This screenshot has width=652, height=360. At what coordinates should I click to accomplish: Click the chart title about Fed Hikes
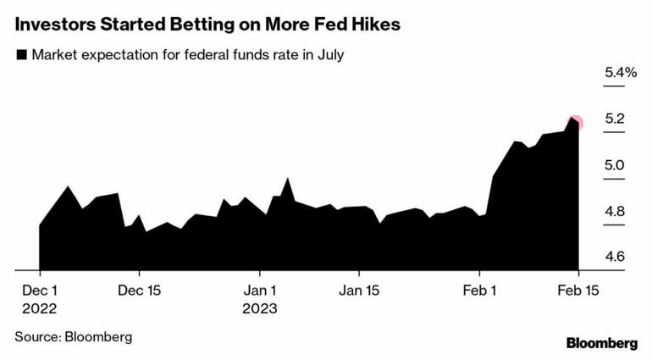click(207, 24)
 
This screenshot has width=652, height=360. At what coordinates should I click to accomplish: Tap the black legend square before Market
click(21, 56)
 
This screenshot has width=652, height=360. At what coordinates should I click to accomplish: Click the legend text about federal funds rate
click(187, 56)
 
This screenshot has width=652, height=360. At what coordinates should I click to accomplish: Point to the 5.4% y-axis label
click(620, 74)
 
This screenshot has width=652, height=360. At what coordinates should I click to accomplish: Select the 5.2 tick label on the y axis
click(614, 119)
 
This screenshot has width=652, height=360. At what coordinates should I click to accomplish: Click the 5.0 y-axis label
click(614, 166)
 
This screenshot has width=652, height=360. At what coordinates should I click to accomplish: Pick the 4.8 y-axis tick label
click(614, 212)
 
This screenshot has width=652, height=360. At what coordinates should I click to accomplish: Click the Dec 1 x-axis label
click(39, 290)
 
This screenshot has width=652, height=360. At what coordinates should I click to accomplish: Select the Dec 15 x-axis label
click(139, 290)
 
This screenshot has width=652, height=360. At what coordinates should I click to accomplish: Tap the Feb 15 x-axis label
click(578, 290)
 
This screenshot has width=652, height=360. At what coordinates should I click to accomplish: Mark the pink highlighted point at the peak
click(576, 122)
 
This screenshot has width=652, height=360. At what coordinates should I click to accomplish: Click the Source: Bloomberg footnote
click(74, 336)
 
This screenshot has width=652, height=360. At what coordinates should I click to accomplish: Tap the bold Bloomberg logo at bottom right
click(601, 343)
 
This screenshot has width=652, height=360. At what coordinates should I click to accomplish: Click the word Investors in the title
click(53, 24)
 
